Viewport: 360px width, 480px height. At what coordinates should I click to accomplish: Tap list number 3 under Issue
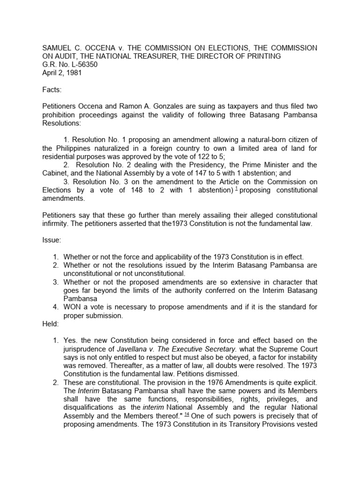point(55,282)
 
